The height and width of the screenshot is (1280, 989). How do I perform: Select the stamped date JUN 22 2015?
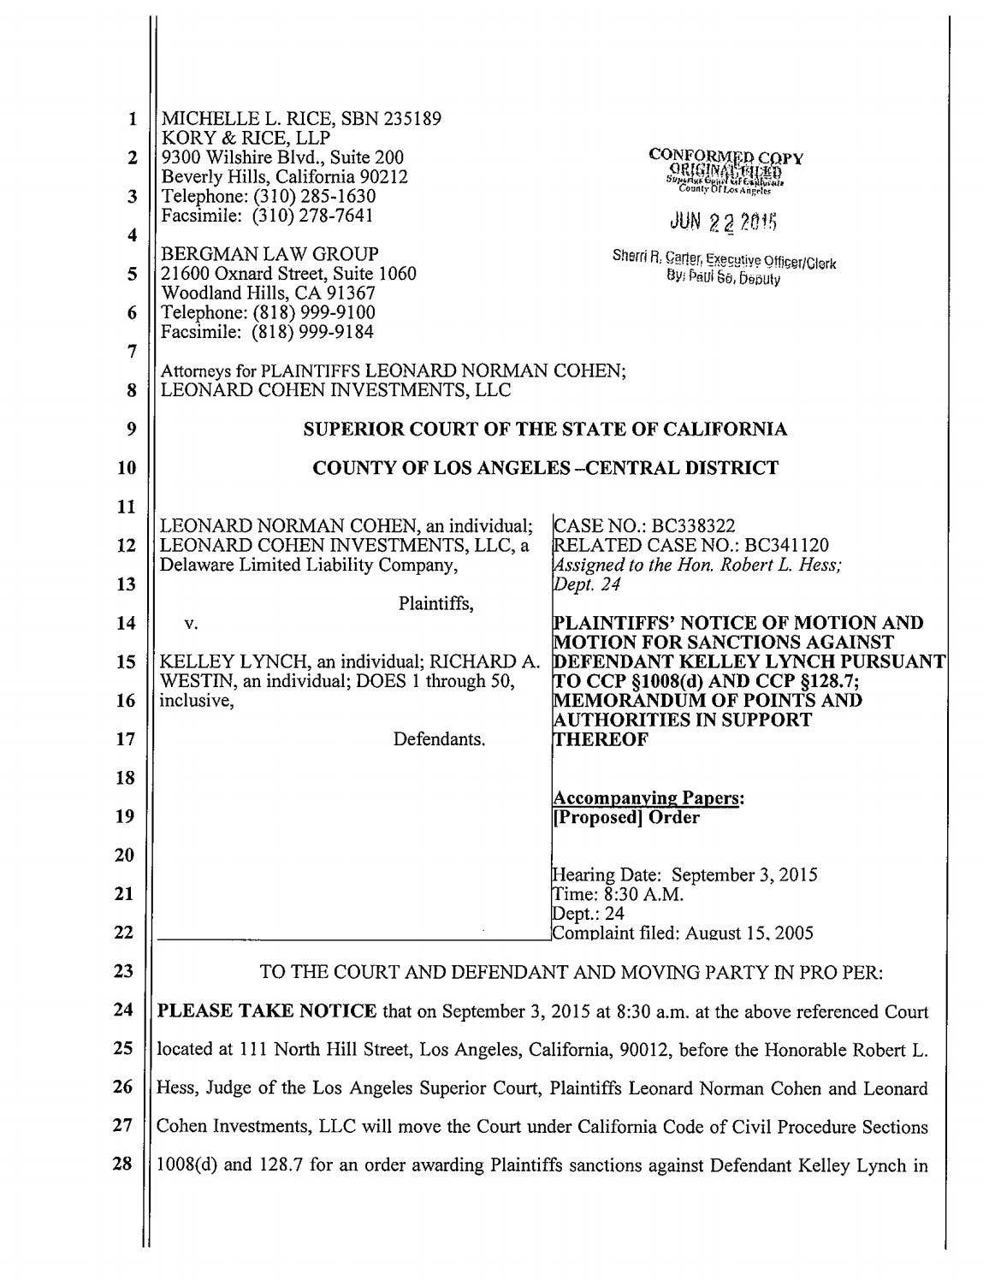[x=725, y=222]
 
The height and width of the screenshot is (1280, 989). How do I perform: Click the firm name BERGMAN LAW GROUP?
[x=269, y=254]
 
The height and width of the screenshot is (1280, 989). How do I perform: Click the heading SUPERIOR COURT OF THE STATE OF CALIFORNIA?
[x=546, y=430]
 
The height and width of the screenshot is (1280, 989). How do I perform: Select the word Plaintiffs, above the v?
[x=436, y=604]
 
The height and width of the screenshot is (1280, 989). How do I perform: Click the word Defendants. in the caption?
[x=439, y=738]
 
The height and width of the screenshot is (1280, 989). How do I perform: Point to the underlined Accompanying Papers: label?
[x=648, y=798]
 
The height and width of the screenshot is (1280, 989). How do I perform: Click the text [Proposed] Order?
[x=626, y=817]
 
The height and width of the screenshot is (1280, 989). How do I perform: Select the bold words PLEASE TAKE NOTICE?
[x=268, y=1012]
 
